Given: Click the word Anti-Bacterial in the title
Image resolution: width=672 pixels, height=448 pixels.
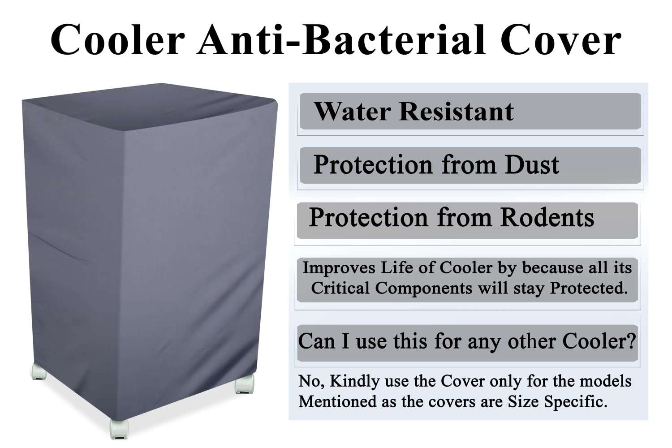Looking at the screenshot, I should tap(341, 40).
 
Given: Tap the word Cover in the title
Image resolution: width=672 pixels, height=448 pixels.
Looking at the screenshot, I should tap(560, 40).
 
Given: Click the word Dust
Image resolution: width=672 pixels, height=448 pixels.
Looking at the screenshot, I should tap(532, 164).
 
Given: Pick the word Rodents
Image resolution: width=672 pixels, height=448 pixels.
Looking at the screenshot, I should tap(547, 218).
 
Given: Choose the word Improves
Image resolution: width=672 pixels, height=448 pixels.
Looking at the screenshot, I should tap(339, 268).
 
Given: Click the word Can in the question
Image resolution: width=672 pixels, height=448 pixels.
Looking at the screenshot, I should tap(316, 341).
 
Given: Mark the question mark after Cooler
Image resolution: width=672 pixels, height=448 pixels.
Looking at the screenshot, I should tap(631, 341).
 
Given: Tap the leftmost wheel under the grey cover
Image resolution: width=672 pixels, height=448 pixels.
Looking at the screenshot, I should tap(39, 372).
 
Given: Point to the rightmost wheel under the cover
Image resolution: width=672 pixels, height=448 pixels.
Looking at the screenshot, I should tap(244, 384).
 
